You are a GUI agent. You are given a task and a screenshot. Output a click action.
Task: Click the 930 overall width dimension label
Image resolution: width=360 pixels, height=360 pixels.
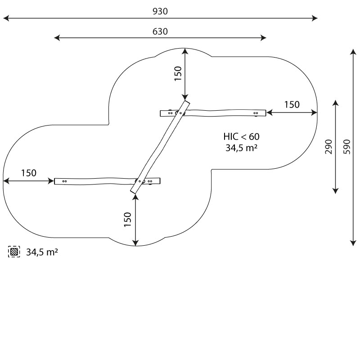pyautogui.click(x=160, y=11)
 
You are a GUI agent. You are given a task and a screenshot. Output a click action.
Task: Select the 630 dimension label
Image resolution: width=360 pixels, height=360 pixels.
pyautogui.click(x=160, y=31)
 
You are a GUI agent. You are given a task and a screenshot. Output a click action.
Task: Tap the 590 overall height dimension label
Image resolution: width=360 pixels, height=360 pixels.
pyautogui.click(x=347, y=147)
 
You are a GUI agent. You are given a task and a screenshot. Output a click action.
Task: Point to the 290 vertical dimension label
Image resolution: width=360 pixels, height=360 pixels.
pyautogui.click(x=329, y=147)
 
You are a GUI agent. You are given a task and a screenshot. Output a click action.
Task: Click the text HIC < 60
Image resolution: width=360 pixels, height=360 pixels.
pyautogui.click(x=241, y=137)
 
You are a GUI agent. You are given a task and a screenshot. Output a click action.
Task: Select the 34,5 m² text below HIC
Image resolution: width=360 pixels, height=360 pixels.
pyautogui.click(x=241, y=148)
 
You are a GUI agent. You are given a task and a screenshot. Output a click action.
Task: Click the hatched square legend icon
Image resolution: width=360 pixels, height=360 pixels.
pyautogui.click(x=14, y=252)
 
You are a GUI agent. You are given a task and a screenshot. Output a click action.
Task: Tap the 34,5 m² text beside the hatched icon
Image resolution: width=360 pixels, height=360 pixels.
pyautogui.click(x=42, y=252)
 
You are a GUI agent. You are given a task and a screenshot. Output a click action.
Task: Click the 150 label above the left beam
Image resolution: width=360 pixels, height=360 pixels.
pyautogui.click(x=29, y=173)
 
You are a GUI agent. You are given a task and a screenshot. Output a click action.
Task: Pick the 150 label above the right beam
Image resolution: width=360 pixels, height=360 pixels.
pyautogui.click(x=292, y=105)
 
